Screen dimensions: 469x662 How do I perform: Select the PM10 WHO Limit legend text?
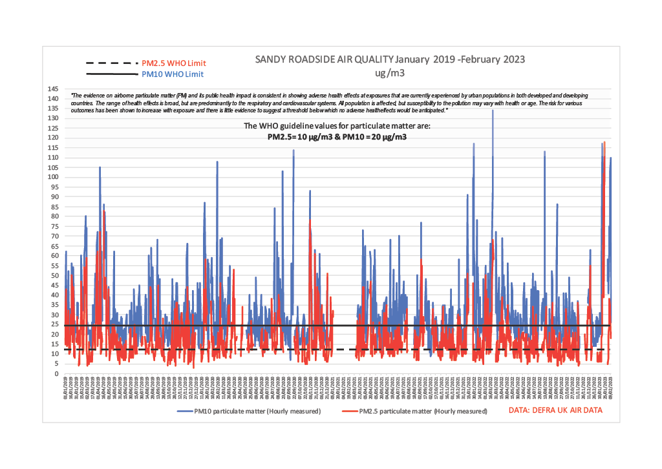170,74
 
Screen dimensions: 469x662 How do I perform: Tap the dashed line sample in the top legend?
111,63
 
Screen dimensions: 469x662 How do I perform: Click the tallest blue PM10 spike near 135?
493,111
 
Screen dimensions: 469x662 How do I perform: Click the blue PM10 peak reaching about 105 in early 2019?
100,168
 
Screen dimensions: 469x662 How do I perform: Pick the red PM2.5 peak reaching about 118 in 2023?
604,143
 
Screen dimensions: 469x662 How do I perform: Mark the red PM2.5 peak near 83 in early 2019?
104,212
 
